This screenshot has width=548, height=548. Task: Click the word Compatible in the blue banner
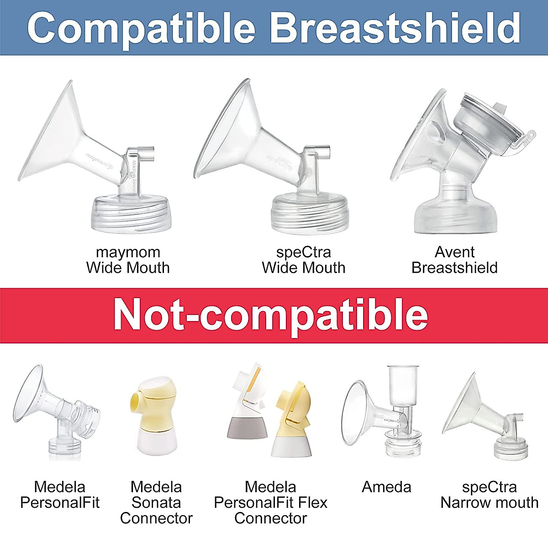click(x=141, y=28)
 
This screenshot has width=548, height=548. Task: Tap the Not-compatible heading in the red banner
click(x=271, y=316)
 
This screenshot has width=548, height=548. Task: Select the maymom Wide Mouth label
click(x=128, y=260)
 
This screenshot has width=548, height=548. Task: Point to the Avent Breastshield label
click(x=454, y=260)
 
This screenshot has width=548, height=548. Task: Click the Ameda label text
click(x=386, y=487)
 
